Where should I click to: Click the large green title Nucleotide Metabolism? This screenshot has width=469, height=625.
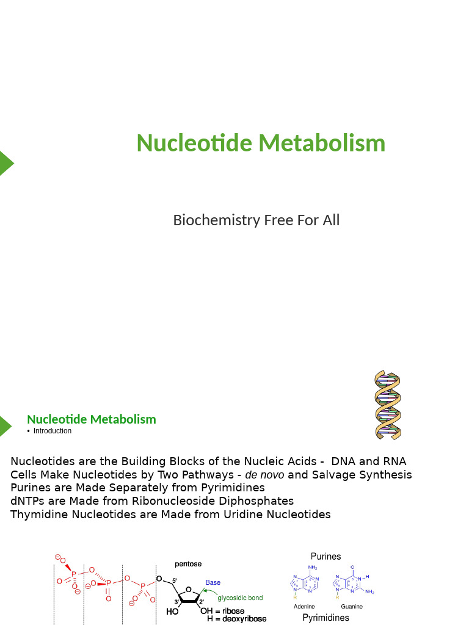[261, 143]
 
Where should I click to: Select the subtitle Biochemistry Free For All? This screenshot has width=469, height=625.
[256, 220]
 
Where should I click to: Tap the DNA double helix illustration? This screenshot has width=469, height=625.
[387, 405]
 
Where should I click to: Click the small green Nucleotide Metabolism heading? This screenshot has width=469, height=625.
[92, 419]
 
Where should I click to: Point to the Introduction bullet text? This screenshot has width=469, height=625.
[52, 431]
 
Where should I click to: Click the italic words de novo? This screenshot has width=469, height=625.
[264, 475]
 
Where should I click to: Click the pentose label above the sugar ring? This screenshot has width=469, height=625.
[188, 564]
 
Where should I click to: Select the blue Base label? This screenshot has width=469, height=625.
[213, 582]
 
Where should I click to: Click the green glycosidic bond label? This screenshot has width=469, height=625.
[240, 598]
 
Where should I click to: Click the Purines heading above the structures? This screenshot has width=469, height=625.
[325, 556]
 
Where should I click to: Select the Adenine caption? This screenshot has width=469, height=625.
[304, 607]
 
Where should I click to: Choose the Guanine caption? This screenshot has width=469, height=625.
[352, 607]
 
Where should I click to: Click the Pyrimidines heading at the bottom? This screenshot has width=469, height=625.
[326, 618]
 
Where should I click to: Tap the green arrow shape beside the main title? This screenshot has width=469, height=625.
[5, 163]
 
